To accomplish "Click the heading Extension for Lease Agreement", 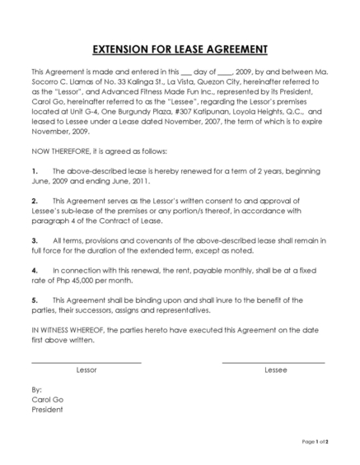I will tap(180, 48).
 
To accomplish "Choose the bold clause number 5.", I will tap(34, 300).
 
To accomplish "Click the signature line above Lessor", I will tap(86, 362).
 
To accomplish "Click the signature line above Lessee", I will tap(274, 362).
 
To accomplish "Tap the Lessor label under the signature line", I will tap(86, 370).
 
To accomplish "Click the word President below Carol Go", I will tap(48, 410).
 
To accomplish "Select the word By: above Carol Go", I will tap(36, 389).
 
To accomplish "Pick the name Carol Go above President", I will tap(47, 399).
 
